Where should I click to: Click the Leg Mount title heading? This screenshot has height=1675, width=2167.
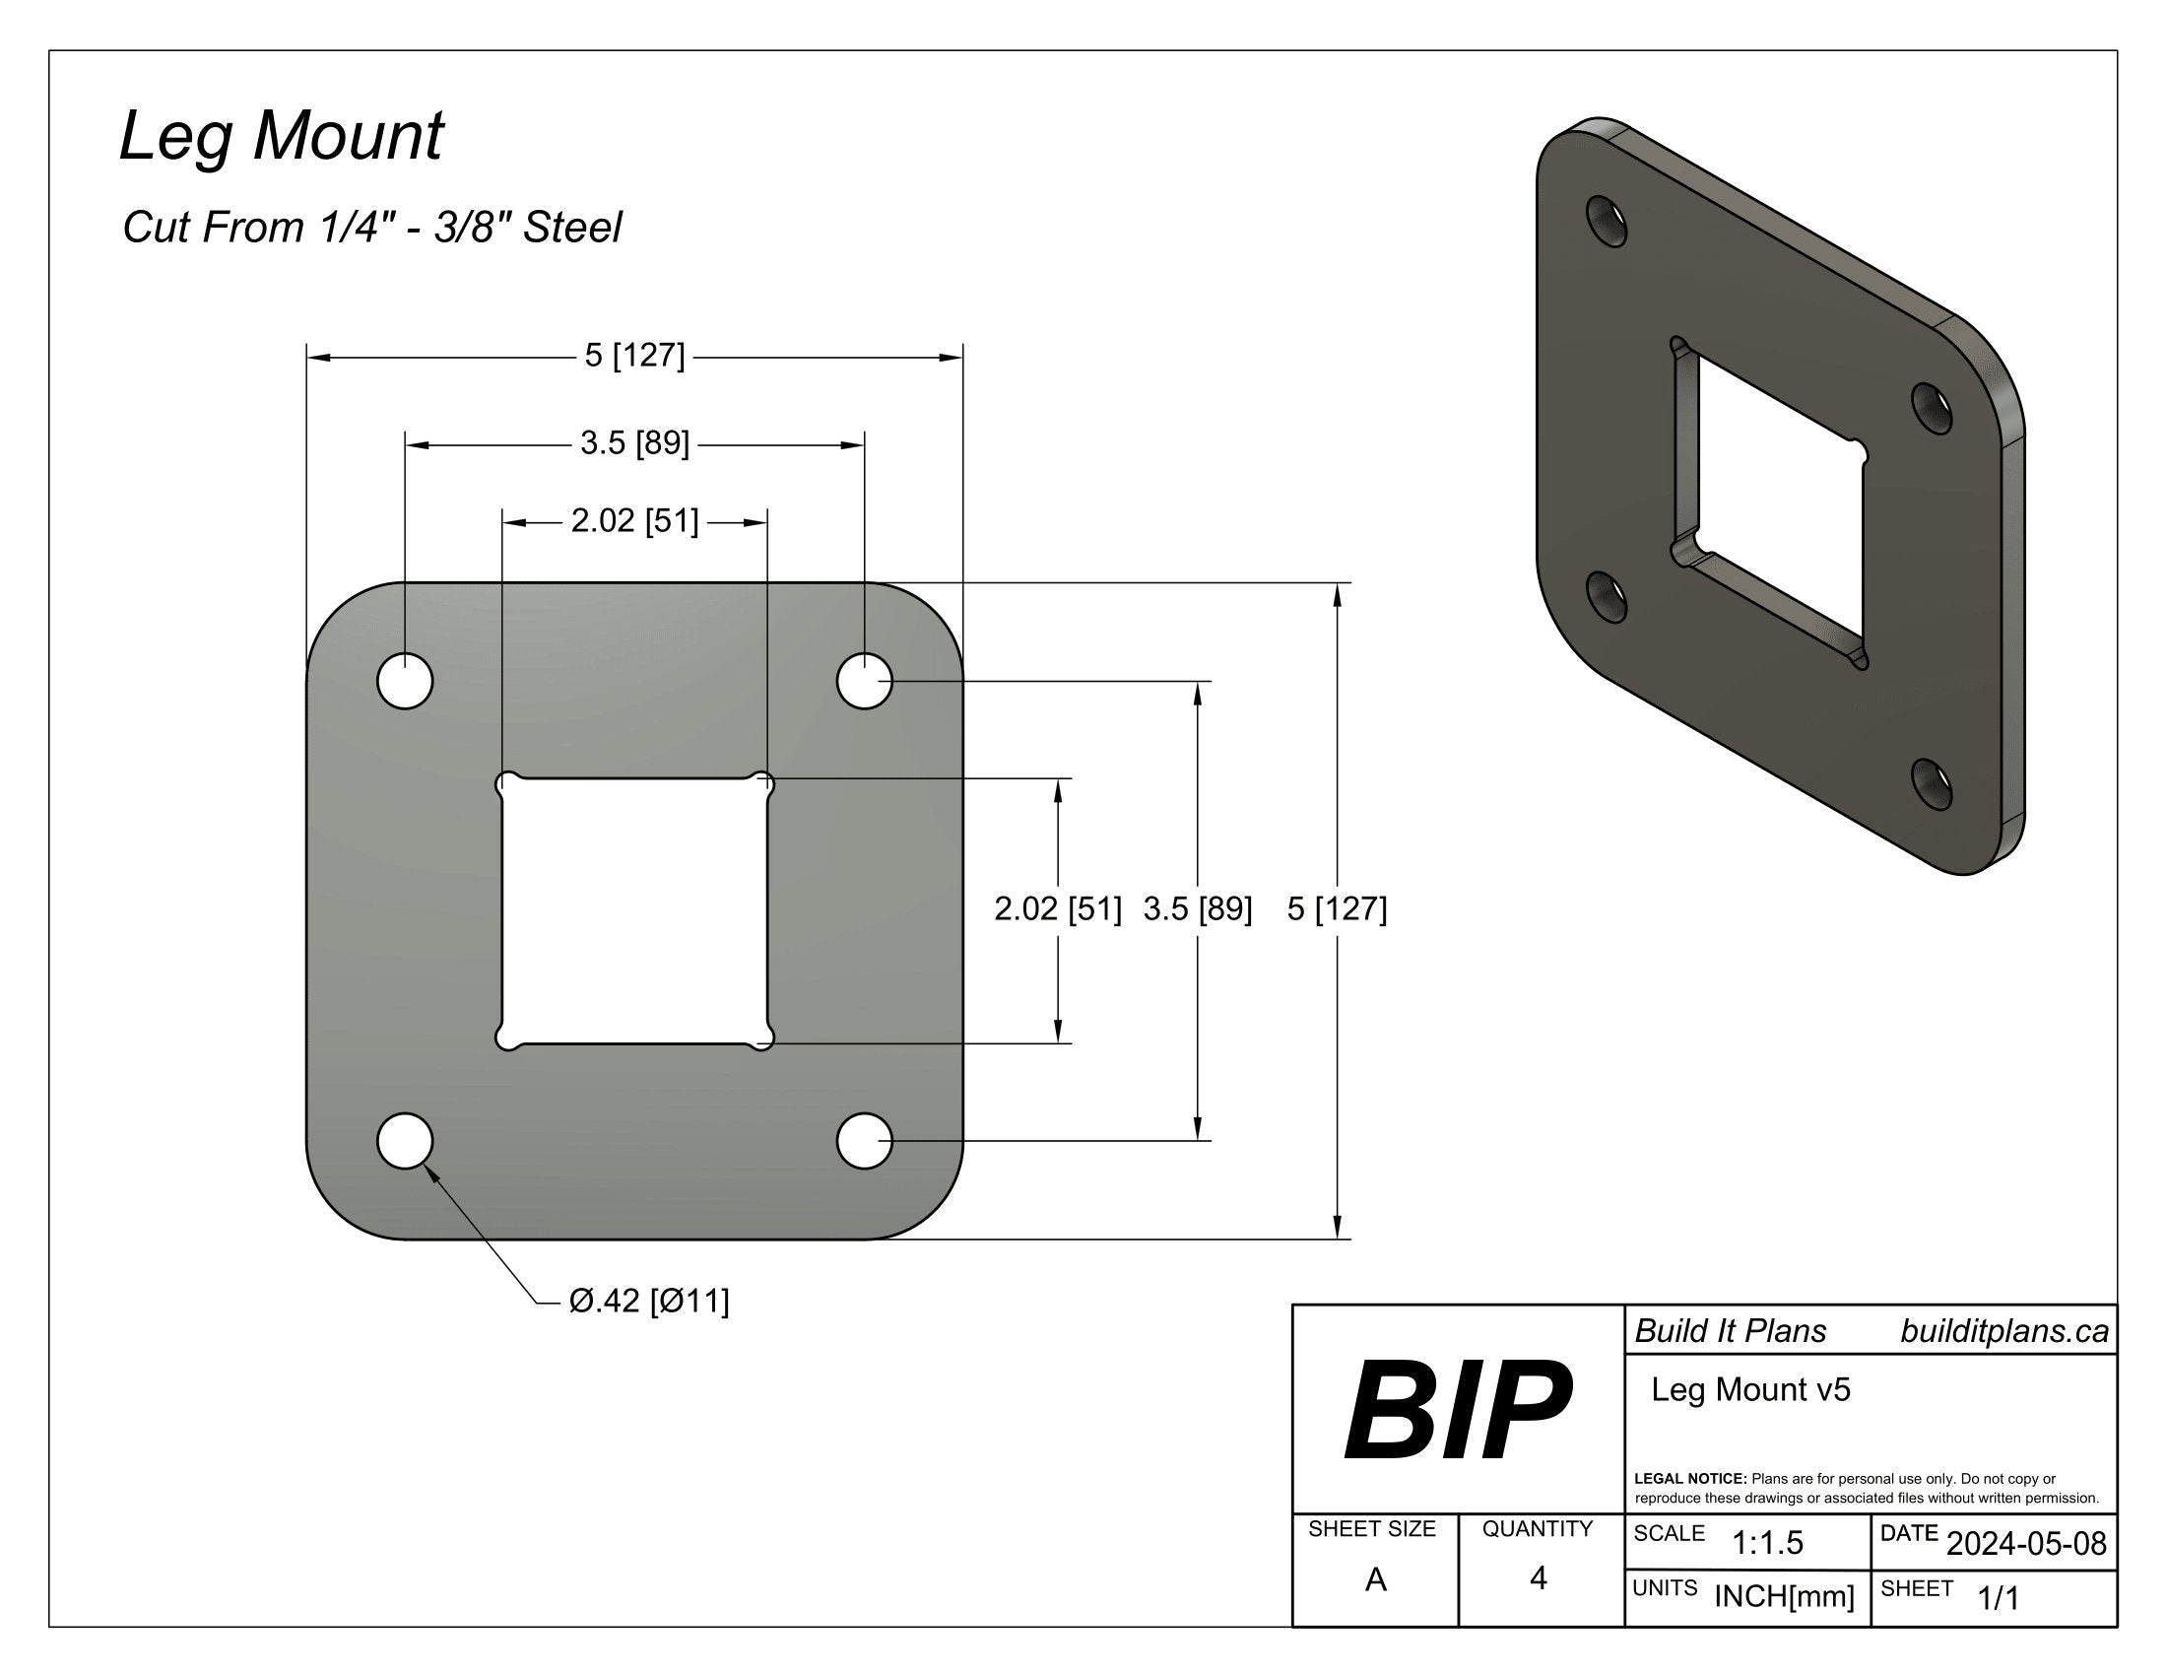[281, 136]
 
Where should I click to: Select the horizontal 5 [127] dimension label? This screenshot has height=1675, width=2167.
[634, 356]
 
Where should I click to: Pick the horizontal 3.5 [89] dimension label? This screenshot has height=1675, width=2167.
[634, 443]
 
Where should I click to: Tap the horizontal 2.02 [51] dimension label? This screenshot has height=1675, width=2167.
[634, 521]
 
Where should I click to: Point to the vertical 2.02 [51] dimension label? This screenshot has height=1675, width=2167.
[1058, 909]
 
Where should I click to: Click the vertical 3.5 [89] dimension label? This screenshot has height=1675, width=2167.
[1197, 909]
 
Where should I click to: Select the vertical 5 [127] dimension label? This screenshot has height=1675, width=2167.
[1337, 909]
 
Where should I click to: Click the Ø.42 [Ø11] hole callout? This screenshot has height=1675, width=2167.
[649, 1301]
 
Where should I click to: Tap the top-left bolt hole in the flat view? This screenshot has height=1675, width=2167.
[405, 682]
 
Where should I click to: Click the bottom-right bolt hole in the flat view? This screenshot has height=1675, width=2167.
[864, 1141]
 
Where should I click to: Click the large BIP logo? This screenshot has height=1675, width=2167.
[1457, 1411]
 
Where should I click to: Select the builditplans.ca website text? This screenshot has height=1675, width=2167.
[2003, 1332]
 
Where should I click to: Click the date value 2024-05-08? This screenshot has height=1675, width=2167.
[2026, 1544]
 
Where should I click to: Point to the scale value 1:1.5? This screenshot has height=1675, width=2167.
[1767, 1543]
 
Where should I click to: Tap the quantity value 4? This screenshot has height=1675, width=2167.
[1538, 1578]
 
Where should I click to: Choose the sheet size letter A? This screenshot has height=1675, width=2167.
[1375, 1579]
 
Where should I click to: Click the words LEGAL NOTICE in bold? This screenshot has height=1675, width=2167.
[1689, 1479]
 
